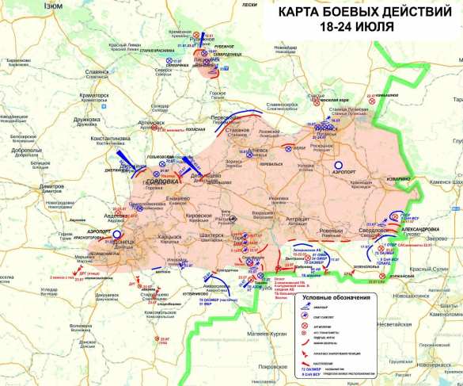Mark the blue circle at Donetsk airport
[116, 235]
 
